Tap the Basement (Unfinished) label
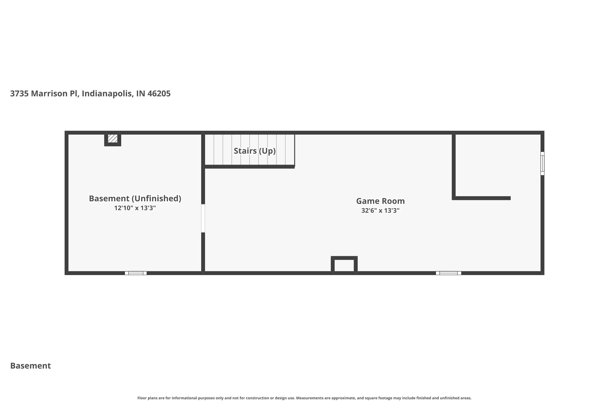tap(135, 198)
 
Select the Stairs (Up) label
tap(255, 151)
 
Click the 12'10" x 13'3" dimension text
tap(135, 208)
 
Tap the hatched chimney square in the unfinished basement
tap(113, 138)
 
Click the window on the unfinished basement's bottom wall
tap(136, 273)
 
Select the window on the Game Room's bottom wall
tap(448, 273)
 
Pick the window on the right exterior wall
tap(542, 163)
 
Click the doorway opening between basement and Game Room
tap(203, 218)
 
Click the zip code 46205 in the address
tap(159, 93)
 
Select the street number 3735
tap(19, 93)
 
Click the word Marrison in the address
tap(49, 93)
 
